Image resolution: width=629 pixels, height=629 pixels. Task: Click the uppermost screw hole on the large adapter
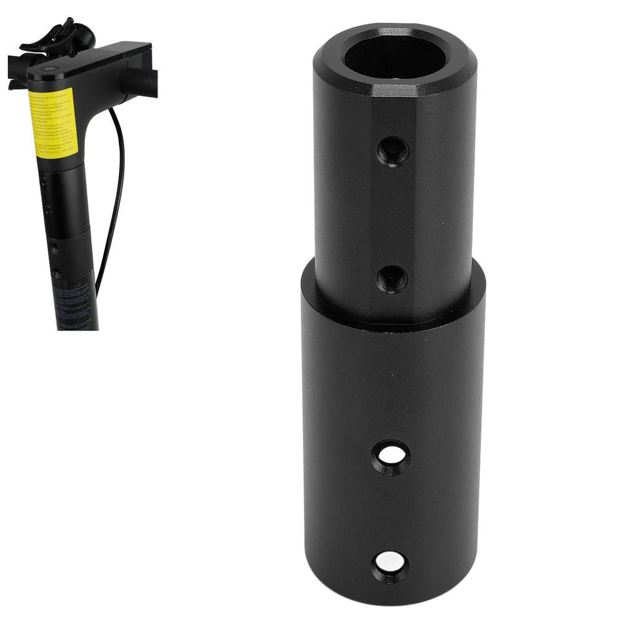pyautogui.click(x=393, y=150)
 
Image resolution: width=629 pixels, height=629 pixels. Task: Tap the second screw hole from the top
pyautogui.click(x=392, y=279)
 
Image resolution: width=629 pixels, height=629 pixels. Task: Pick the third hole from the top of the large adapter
pyautogui.click(x=392, y=456)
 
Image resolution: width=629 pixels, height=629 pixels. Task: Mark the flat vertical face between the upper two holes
pyautogui.click(x=393, y=215)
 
